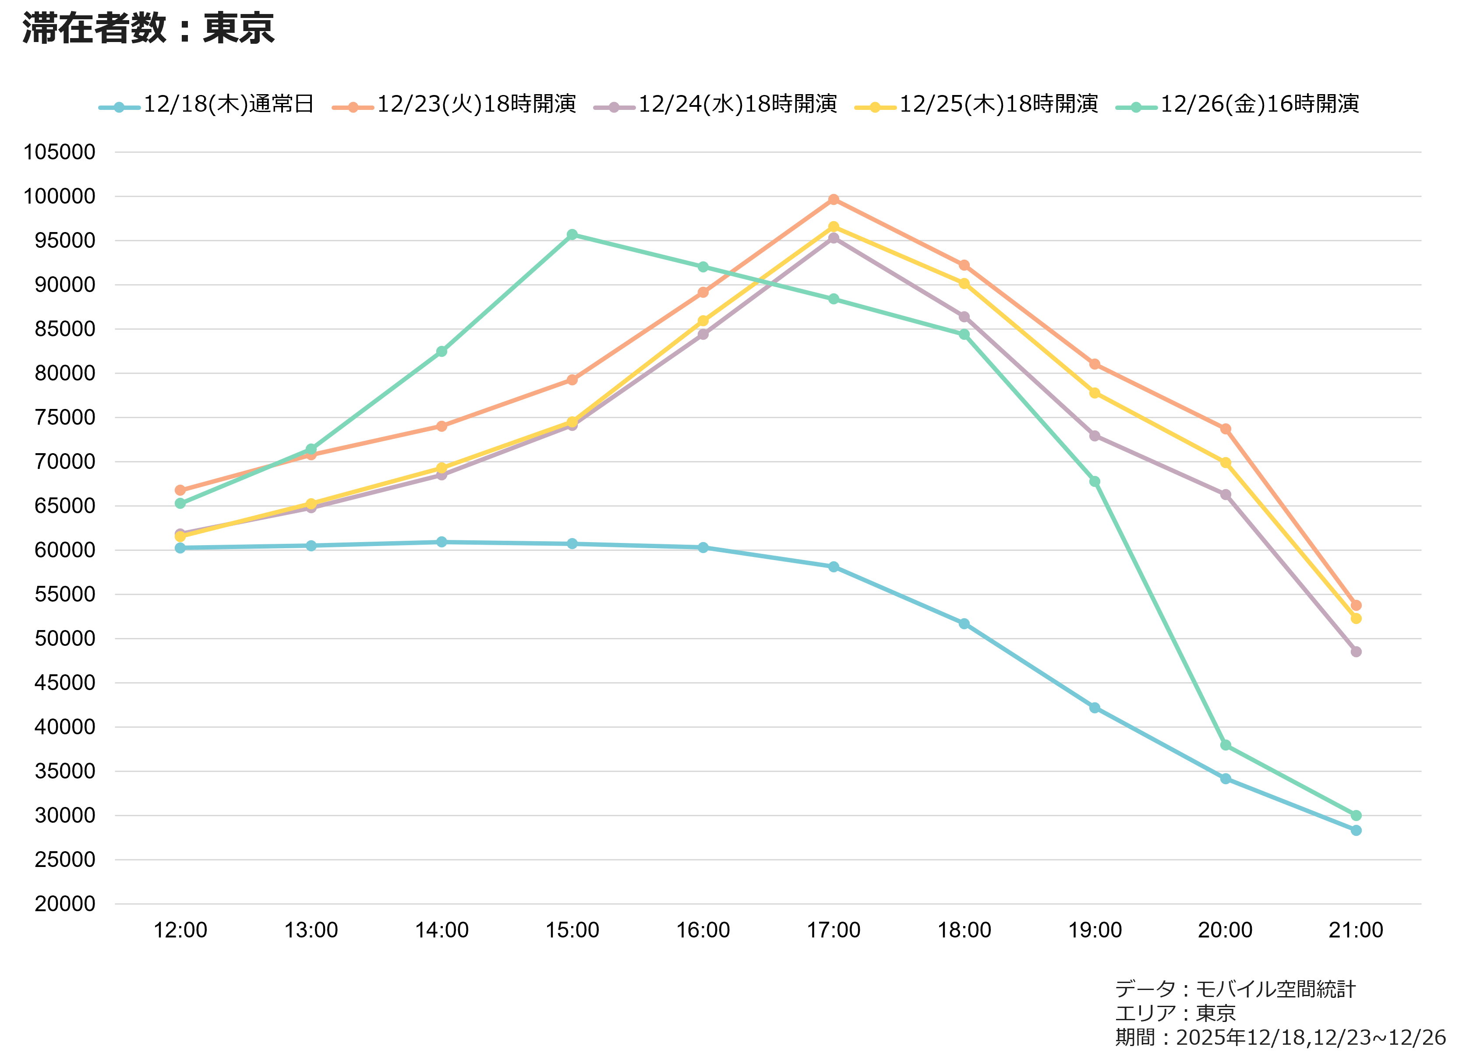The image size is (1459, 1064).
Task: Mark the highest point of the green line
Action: coord(572,234)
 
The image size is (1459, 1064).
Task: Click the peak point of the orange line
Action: coord(834,200)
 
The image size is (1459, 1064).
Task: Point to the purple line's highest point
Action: coord(834,238)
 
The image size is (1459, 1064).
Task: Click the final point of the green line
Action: coord(1356,815)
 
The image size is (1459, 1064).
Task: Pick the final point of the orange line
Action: coord(1356,606)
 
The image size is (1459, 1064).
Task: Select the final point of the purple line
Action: coord(1356,652)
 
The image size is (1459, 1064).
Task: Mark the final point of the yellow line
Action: coord(1356,618)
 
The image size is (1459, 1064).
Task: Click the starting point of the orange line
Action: coord(180,490)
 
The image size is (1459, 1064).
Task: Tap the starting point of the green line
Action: coord(180,503)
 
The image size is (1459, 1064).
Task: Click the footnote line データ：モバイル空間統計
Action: coord(1235,989)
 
